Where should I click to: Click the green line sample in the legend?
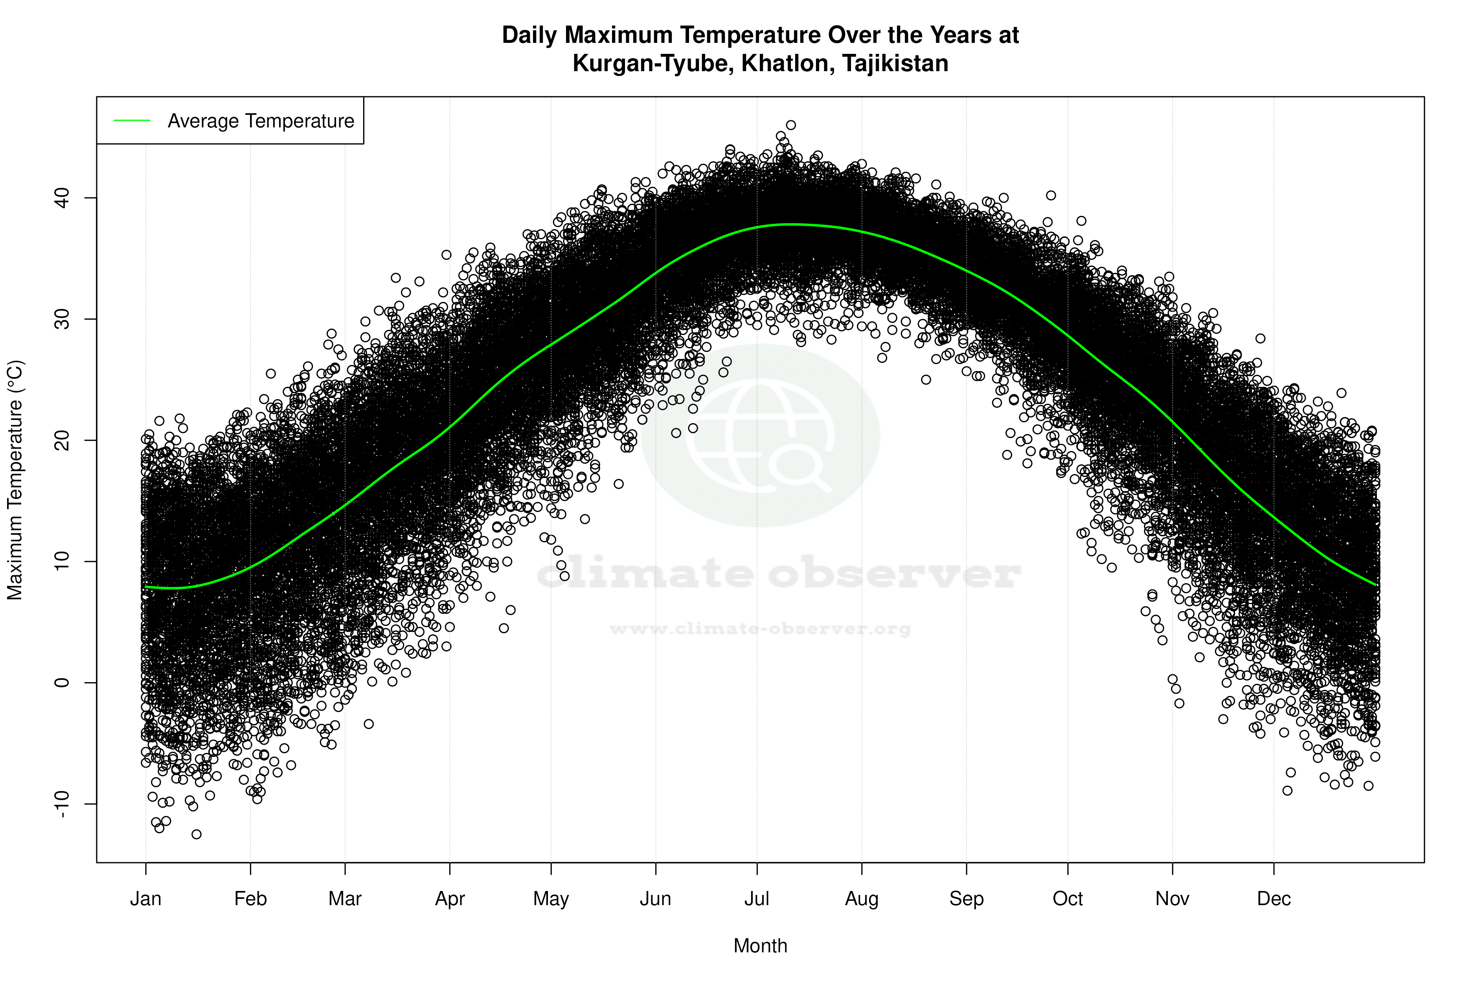132,120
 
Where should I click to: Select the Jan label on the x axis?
145,899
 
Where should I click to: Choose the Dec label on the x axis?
1274,899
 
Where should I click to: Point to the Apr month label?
450,899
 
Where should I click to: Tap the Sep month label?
967,899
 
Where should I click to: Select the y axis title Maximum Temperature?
15,480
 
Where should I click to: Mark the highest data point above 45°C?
791,125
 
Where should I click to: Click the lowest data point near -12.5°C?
196,834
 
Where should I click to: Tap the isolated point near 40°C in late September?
1051,195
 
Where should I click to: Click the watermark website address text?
760,629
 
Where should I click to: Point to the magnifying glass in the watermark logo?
799,467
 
